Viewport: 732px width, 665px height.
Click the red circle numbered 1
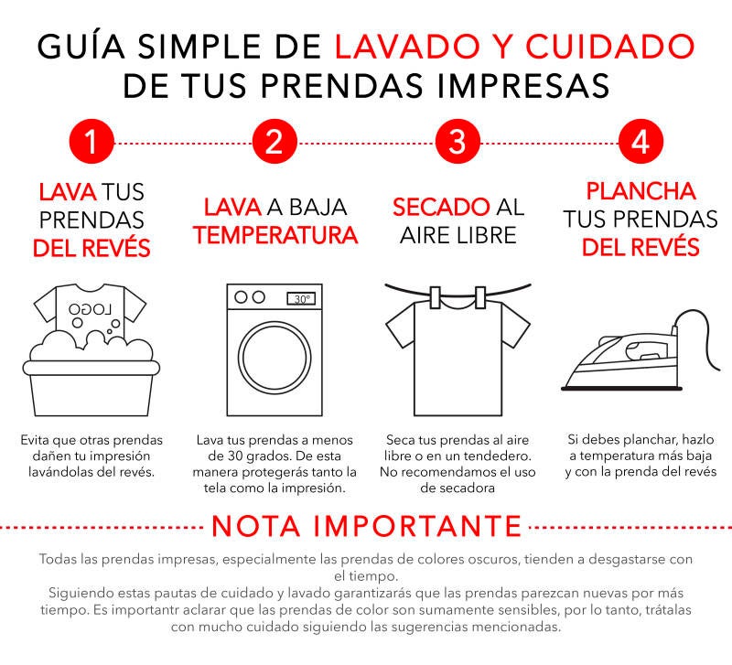91,141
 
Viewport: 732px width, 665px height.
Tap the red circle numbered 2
274,141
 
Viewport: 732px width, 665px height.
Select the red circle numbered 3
457,141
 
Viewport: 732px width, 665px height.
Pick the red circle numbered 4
640,141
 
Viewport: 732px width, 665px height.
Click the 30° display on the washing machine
301,299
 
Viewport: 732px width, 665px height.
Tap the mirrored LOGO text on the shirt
90,309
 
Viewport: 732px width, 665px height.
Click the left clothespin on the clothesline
436,297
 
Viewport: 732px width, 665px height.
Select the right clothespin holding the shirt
479,297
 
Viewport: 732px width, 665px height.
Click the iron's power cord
705,327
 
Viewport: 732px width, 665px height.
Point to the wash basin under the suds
91,388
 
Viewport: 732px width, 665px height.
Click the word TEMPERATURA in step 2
275,235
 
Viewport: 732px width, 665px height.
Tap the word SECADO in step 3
441,208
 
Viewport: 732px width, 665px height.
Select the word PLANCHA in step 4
640,191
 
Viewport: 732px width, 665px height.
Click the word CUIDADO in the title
610,47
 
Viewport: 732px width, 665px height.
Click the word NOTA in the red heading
256,526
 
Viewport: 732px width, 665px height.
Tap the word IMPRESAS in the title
523,85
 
